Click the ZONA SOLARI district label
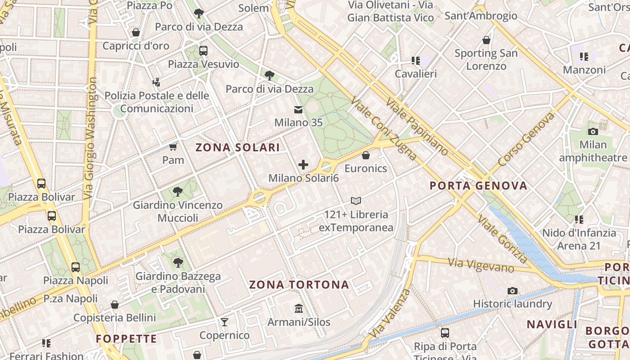tap(238, 147)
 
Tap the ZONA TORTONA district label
tap(299, 284)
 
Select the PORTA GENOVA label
tap(478, 185)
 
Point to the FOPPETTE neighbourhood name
tap(126, 339)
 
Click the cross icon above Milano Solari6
tap(303, 165)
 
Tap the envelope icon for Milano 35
tap(298, 109)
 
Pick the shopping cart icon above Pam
tap(173, 147)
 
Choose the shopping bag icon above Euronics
tap(366, 155)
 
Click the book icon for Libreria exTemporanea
tap(356, 201)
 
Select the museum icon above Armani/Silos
tap(298, 309)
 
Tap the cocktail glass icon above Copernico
tap(224, 322)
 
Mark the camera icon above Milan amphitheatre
tap(593, 131)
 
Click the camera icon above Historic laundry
tap(512, 291)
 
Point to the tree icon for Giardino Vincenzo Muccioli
tap(178, 192)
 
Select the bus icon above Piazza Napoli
tap(76, 267)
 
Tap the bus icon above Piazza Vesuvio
tap(203, 50)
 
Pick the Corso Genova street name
tap(526, 139)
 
